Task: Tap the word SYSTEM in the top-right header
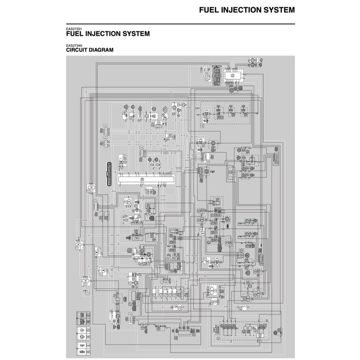(278, 10)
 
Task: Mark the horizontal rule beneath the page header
(180, 23)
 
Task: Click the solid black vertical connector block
(109, 173)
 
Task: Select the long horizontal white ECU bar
(146, 180)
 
